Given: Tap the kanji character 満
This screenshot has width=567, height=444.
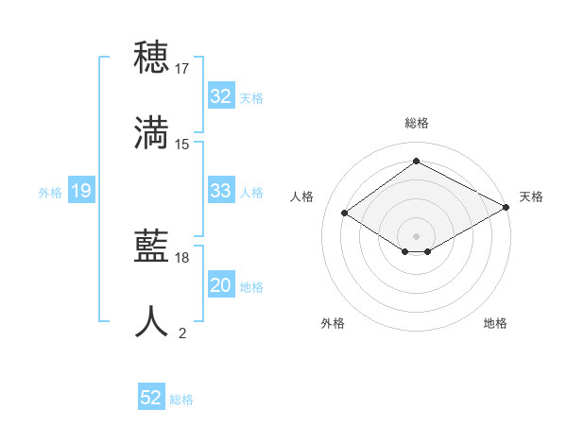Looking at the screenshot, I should (x=152, y=133).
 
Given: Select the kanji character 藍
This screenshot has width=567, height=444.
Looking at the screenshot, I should (x=152, y=248).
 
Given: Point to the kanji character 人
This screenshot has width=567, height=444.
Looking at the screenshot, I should (x=152, y=322).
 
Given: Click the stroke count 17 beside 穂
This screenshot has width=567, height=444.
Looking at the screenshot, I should (x=182, y=69).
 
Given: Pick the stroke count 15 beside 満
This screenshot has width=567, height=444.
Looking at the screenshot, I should (x=182, y=145).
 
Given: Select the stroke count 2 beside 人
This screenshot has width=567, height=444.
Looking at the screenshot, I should (x=182, y=333).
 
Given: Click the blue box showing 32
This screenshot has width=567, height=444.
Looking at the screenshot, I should (x=220, y=96).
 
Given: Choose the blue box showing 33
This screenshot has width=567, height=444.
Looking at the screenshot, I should (x=220, y=191).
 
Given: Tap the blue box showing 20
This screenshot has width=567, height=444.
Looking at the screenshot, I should (x=220, y=285).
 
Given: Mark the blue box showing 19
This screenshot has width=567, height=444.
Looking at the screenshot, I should (x=80, y=191).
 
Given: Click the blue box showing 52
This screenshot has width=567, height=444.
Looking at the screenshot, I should (x=151, y=398).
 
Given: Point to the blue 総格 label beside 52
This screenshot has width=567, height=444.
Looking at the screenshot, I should (x=181, y=400).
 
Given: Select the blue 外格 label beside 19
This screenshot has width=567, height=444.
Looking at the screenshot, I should (x=50, y=193).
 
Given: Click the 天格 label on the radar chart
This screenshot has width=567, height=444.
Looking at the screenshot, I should (x=531, y=196).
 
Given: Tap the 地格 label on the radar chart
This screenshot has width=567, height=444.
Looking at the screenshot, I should (x=495, y=323).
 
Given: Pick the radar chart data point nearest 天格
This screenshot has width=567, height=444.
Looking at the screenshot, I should (x=507, y=208).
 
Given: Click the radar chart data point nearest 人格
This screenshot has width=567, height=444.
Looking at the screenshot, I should (x=345, y=213).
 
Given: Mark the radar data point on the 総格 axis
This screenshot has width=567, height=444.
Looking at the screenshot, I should (x=416, y=161).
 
